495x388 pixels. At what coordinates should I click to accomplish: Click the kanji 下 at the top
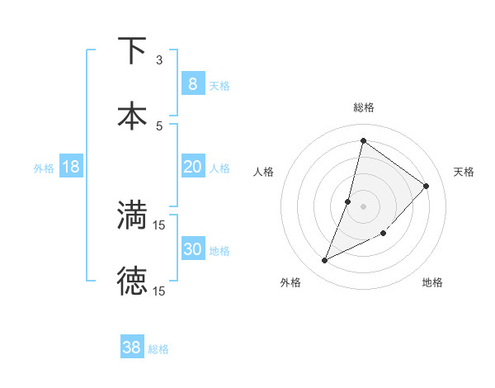(132, 50)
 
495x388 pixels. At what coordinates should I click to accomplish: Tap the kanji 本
(132, 115)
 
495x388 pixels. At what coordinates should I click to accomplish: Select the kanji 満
(132, 215)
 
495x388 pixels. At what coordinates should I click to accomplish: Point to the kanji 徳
(132, 281)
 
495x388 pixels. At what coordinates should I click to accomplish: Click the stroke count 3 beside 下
(159, 60)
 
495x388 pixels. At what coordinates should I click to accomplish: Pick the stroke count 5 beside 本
(159, 125)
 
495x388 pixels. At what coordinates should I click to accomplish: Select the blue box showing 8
(192, 84)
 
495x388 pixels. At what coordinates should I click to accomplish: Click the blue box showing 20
(192, 167)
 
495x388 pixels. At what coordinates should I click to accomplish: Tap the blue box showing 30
(192, 249)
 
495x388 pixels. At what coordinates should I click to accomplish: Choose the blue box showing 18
(71, 167)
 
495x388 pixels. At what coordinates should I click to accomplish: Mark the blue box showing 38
(132, 348)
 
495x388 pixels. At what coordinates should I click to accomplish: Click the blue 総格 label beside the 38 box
(158, 349)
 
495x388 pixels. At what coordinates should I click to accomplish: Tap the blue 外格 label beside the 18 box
(44, 168)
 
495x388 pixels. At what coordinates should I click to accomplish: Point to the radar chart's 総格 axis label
(364, 107)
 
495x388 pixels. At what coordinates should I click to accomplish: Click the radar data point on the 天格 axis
(427, 186)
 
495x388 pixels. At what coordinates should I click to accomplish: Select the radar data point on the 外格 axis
(325, 260)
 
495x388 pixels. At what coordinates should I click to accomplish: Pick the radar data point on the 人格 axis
(348, 201)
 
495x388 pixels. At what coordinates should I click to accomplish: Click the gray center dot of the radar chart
(364, 206)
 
